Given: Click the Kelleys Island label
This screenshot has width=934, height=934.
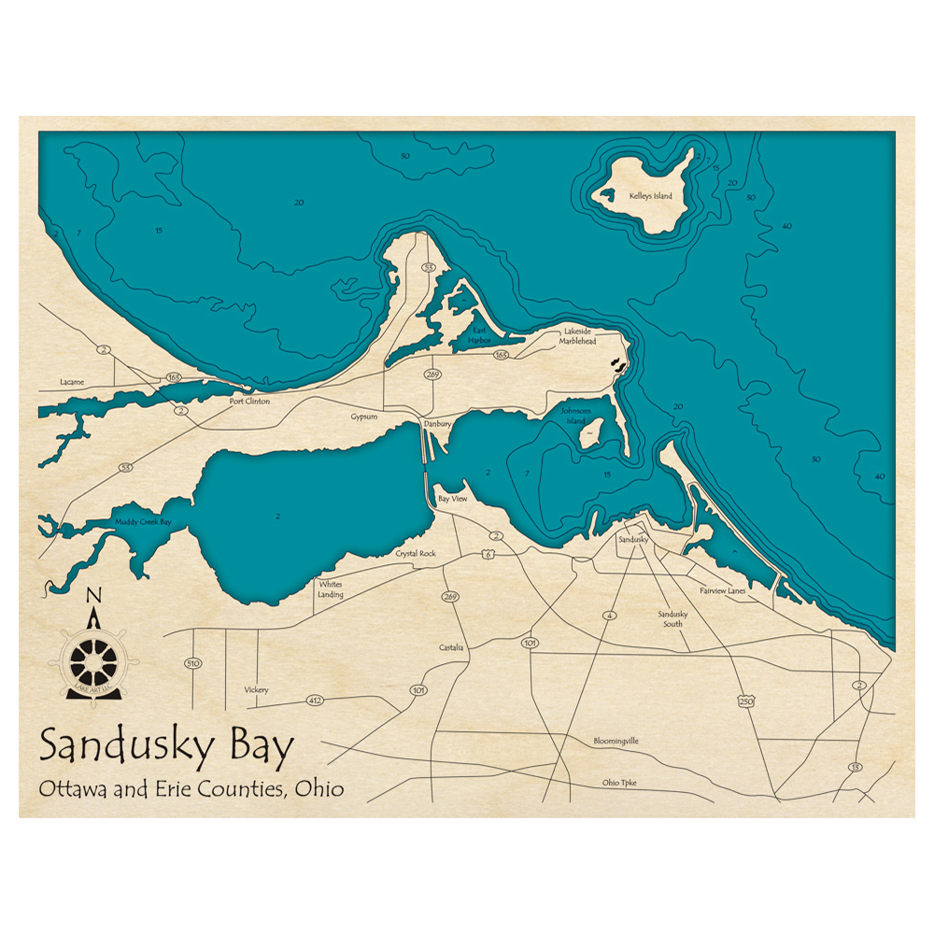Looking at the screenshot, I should click(x=651, y=196).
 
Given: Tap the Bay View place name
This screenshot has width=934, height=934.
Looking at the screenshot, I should click(x=453, y=500).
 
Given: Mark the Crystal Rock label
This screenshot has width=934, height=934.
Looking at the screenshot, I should click(x=416, y=554).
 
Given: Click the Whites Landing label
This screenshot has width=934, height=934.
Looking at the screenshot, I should click(x=331, y=589).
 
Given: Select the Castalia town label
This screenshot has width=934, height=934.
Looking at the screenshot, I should click(x=451, y=647).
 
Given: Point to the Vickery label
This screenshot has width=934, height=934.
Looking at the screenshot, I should click(x=256, y=689).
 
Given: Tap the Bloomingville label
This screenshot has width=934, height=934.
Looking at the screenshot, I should click(x=616, y=741).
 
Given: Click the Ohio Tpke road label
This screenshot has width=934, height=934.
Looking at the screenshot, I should click(x=619, y=783).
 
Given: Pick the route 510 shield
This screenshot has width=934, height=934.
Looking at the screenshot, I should click(x=193, y=663).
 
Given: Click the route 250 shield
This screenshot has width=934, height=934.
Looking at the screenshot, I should click(x=745, y=700).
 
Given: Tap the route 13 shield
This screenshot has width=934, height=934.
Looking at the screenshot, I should click(x=855, y=767).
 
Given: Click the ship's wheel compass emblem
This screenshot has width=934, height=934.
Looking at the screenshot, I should click(x=93, y=659).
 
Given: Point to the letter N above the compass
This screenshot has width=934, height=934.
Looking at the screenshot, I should click(x=92, y=596).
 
